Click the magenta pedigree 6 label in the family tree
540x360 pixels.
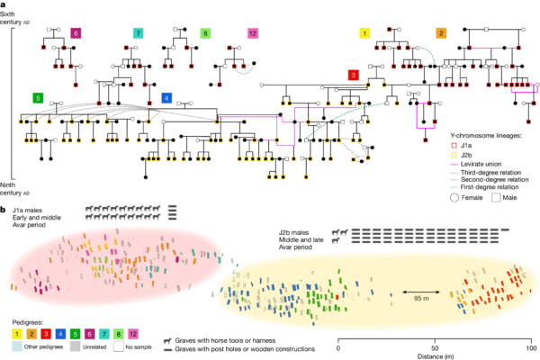[x=76, y=33]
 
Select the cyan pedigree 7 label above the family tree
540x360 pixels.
[x=138, y=33]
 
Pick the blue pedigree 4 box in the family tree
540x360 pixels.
[x=166, y=97]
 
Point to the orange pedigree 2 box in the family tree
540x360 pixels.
[x=441, y=33]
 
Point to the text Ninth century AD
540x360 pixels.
[x=22, y=187]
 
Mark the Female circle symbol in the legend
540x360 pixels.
[x=443, y=194]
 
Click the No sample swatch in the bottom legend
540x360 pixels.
[x=118, y=346]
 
